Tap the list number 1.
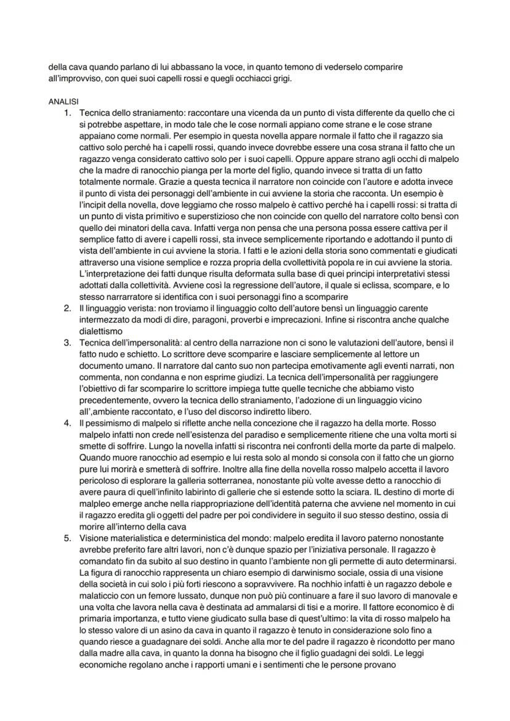coord(68,114)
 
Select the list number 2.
coord(68,307)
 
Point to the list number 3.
coord(68,342)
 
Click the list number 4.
coord(68,424)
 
